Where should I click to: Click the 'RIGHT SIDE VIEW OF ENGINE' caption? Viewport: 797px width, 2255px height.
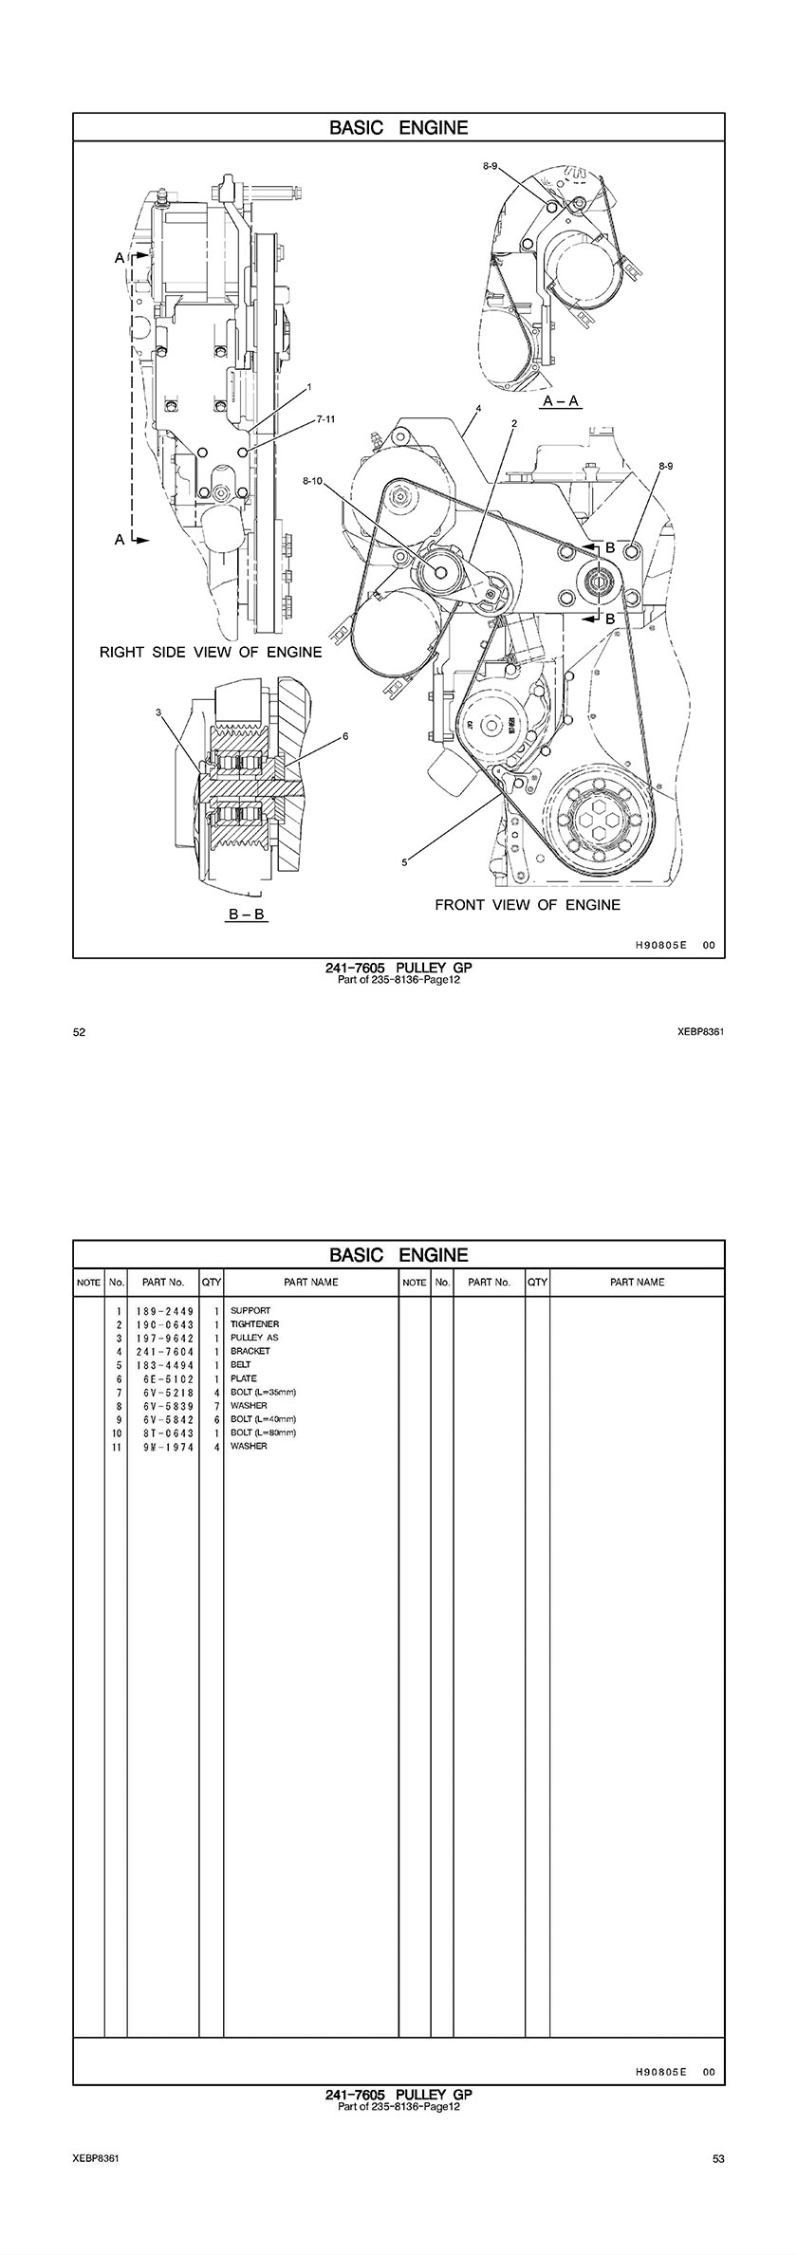tap(211, 653)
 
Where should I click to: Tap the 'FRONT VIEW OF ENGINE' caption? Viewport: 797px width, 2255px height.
tap(528, 905)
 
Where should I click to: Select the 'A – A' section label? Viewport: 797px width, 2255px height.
tap(561, 402)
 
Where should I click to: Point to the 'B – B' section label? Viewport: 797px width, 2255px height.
tap(247, 916)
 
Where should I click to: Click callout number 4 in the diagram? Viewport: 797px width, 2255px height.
tap(478, 408)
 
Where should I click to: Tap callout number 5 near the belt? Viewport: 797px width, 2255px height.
tap(404, 862)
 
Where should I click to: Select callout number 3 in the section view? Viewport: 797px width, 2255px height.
tap(159, 712)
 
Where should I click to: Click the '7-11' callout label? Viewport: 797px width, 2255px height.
tap(325, 418)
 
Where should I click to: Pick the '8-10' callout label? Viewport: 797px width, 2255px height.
tap(314, 482)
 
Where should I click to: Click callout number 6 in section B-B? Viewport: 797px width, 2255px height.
tap(345, 736)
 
